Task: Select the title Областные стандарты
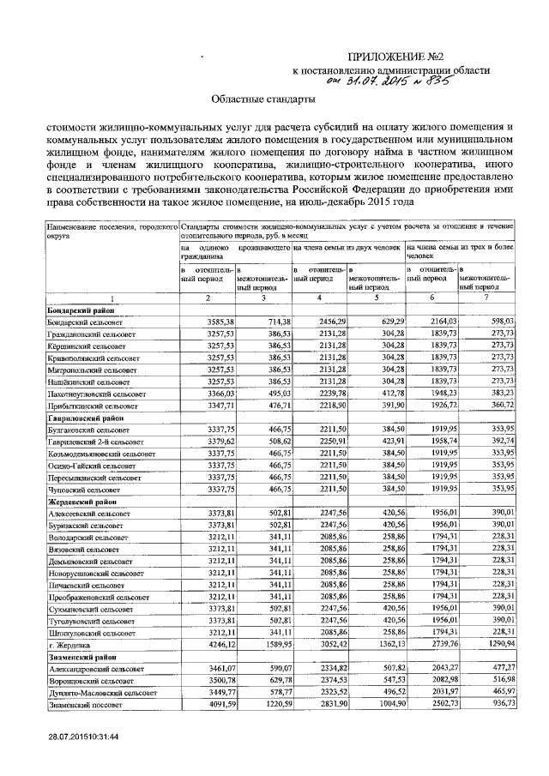coord(265,100)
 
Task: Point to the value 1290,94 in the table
coord(497,643)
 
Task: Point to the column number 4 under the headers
coord(319,298)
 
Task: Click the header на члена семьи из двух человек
coord(347,246)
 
